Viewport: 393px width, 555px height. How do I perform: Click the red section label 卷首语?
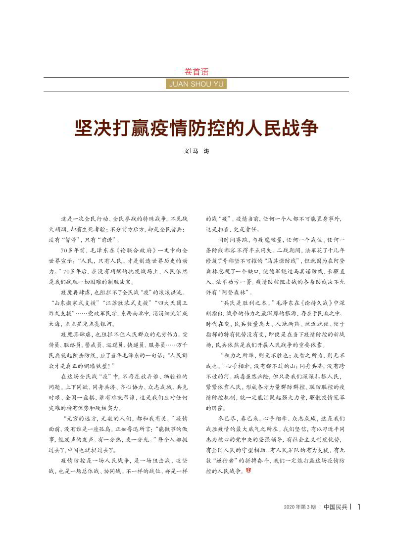pyautogui.click(x=196, y=72)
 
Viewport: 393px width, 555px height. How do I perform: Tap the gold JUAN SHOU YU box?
pyautogui.click(x=196, y=84)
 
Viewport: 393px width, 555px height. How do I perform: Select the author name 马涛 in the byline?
pyautogui.click(x=200, y=151)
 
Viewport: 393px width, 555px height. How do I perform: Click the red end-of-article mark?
pyautogui.click(x=248, y=471)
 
